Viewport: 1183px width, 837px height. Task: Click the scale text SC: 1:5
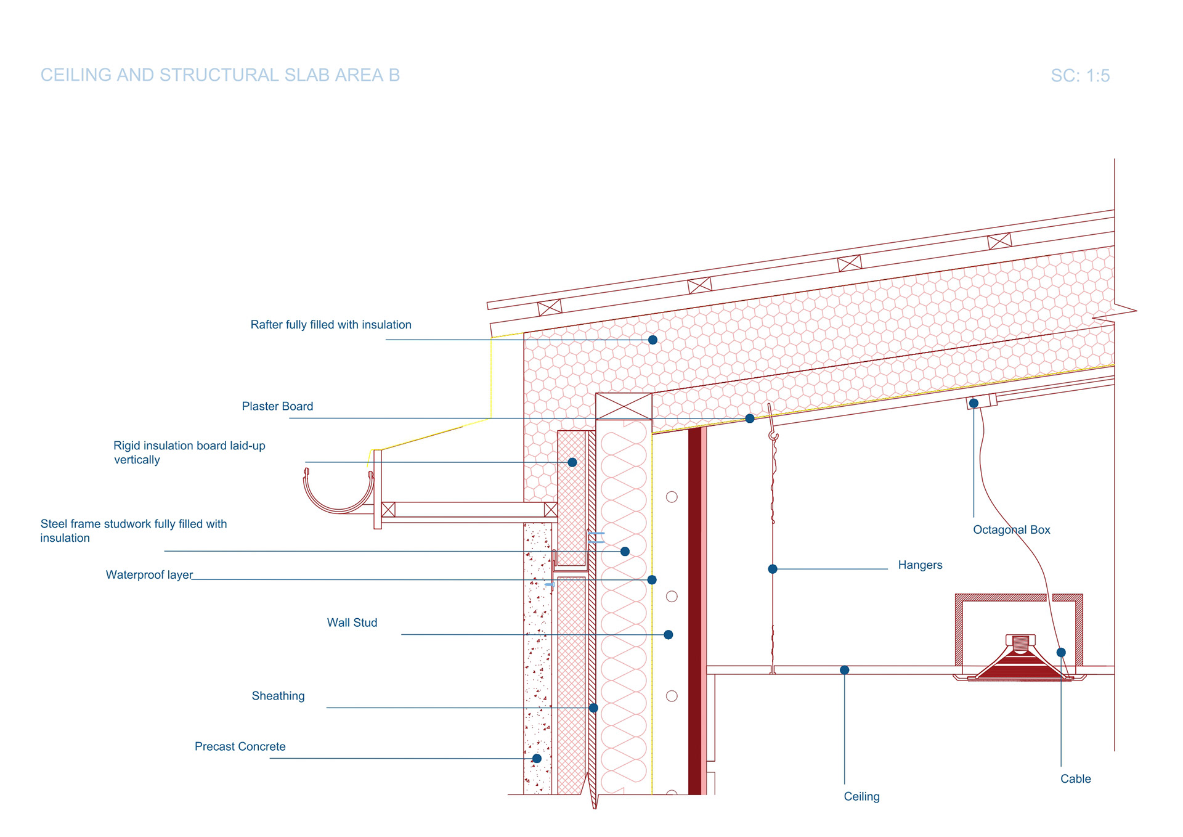tap(1079, 76)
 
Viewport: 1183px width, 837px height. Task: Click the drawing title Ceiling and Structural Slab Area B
tap(220, 75)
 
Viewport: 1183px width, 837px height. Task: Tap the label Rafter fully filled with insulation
tap(330, 325)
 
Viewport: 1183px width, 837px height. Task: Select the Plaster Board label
tap(277, 406)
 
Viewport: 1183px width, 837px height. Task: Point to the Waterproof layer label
tap(149, 575)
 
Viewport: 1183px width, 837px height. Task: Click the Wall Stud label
tap(352, 623)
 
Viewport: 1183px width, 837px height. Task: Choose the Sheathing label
tap(278, 696)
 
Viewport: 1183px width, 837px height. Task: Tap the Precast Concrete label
tap(240, 746)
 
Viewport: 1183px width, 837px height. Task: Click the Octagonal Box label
tap(1011, 529)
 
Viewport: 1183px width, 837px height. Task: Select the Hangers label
tap(920, 565)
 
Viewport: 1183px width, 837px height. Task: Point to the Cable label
tap(1075, 778)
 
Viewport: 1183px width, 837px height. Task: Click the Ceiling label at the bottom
tap(861, 796)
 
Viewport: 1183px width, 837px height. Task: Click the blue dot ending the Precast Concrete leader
tap(537, 758)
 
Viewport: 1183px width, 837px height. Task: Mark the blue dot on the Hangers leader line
tap(773, 569)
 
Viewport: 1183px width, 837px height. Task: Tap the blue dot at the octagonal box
tap(974, 404)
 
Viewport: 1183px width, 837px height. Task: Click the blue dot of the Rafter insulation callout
tap(652, 340)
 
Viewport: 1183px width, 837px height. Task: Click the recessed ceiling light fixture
tap(1020, 661)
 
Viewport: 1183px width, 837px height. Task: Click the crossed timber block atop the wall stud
tap(624, 407)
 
